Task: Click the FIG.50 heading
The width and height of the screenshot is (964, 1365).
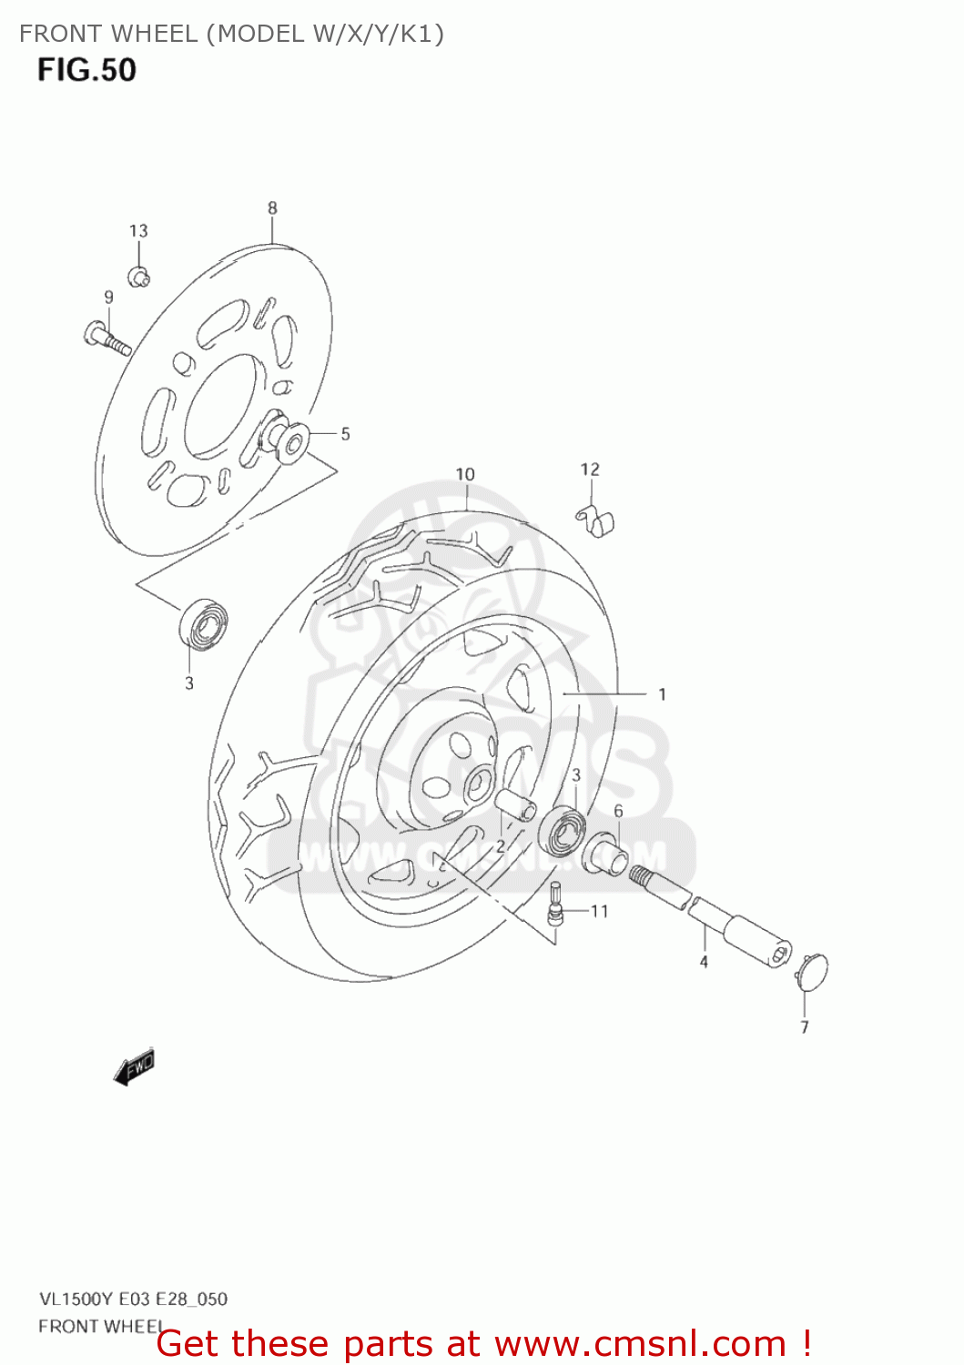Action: point(86,70)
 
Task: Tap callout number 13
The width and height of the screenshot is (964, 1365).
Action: point(138,231)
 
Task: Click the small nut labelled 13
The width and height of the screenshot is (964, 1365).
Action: point(138,276)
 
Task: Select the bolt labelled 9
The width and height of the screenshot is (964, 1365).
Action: point(107,338)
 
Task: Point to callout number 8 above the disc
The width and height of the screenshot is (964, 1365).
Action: point(272,208)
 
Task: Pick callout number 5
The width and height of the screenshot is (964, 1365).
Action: point(345,434)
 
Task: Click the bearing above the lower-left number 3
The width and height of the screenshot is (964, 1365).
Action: point(202,623)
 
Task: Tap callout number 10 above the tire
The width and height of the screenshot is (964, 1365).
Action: point(465,474)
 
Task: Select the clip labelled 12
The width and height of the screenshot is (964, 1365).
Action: point(597,521)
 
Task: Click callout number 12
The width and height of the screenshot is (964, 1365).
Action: point(590,470)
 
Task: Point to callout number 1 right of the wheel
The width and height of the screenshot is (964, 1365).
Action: point(662,694)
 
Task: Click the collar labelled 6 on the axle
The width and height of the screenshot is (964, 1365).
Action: point(605,854)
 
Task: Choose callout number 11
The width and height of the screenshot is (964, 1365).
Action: point(599,911)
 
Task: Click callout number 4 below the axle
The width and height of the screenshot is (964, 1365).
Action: point(704,961)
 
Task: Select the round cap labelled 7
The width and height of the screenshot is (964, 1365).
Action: point(812,971)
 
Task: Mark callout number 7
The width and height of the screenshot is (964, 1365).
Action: point(805,1027)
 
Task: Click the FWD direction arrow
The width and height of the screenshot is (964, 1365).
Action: point(135,1066)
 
